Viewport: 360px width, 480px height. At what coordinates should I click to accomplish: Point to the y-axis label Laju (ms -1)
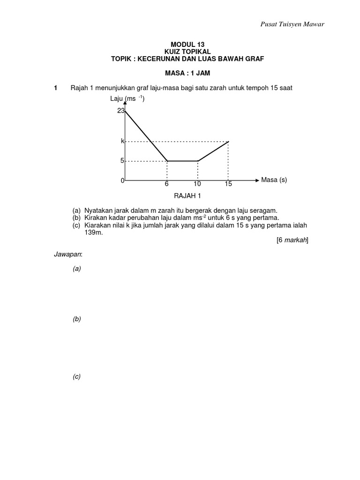point(127,99)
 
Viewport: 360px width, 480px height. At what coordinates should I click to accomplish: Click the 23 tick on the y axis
point(120,111)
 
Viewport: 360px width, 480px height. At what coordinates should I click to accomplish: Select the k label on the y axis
point(122,141)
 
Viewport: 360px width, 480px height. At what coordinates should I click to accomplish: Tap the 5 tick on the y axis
point(122,161)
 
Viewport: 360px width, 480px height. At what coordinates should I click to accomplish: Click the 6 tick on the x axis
point(166,184)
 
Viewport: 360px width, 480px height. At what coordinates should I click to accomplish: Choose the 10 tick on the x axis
point(198,184)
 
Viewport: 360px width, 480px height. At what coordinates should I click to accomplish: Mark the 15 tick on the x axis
point(228,184)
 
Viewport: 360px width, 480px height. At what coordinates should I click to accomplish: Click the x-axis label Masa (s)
point(274,180)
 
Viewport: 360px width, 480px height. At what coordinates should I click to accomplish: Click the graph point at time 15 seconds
point(228,141)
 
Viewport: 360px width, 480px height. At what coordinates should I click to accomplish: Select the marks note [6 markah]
point(292,240)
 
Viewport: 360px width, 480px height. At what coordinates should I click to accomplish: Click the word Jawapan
point(67,255)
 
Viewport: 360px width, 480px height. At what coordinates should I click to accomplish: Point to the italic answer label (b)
point(76,319)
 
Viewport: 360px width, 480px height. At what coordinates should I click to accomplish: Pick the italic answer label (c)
point(76,376)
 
